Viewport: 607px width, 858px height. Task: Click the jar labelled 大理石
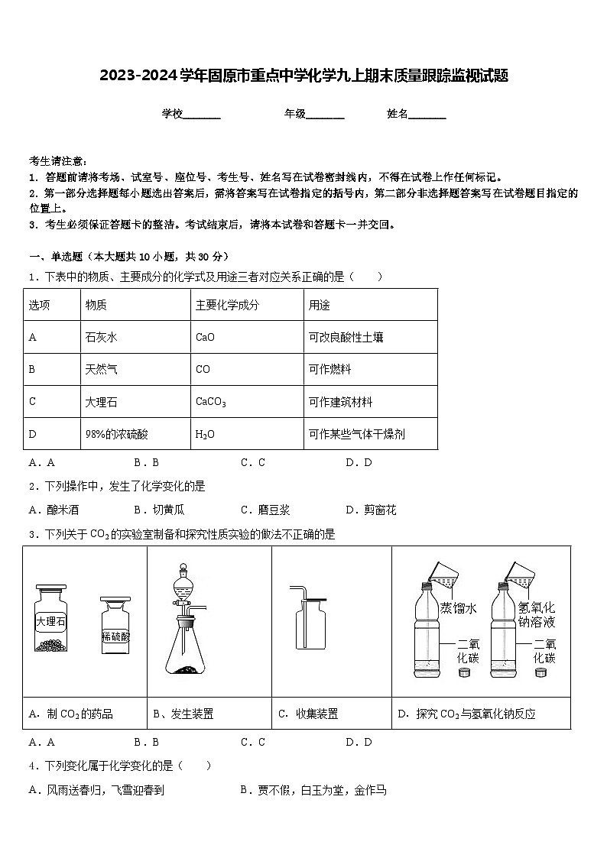coord(51,620)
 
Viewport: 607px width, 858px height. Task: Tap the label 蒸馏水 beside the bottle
coord(459,608)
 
